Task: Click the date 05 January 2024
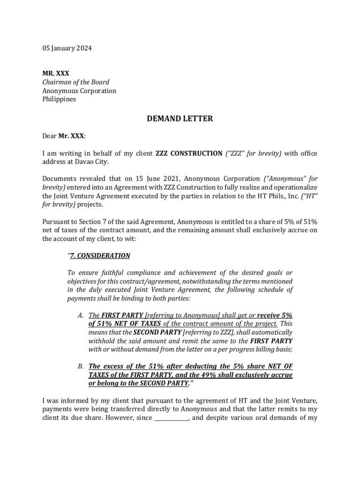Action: coord(67,48)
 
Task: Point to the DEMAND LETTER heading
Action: coord(180,119)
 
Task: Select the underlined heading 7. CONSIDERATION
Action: coord(100,256)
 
